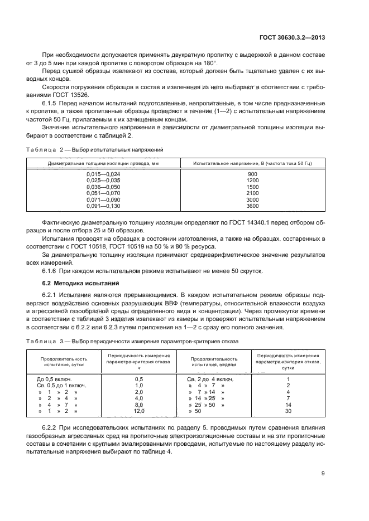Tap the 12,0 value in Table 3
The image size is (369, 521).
(x=139, y=411)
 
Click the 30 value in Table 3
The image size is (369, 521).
(x=288, y=411)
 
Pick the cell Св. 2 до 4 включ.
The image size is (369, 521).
(x=210, y=379)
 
